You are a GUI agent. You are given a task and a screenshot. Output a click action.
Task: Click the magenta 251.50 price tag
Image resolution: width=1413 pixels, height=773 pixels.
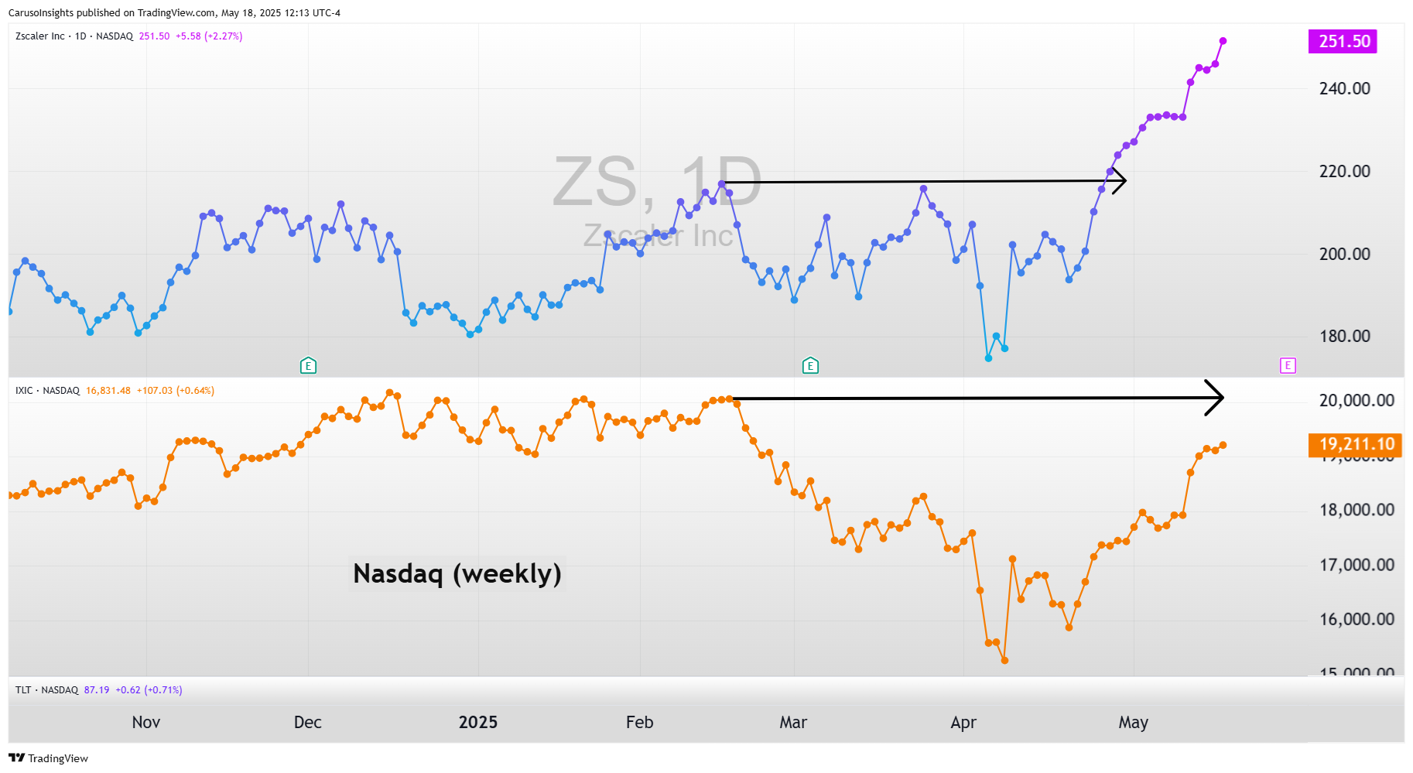pyautogui.click(x=1344, y=41)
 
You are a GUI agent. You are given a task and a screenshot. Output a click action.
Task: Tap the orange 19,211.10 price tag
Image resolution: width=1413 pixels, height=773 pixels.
pyautogui.click(x=1356, y=444)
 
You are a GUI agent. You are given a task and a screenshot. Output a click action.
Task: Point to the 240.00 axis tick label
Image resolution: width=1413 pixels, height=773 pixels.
pyautogui.click(x=1344, y=88)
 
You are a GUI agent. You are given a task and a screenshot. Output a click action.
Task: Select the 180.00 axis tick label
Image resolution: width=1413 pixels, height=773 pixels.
pyautogui.click(x=1344, y=336)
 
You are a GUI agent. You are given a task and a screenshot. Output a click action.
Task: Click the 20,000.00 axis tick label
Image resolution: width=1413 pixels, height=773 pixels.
pyautogui.click(x=1356, y=400)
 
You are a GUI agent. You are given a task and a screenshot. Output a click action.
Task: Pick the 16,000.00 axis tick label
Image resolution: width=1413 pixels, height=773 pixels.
pyautogui.click(x=1356, y=619)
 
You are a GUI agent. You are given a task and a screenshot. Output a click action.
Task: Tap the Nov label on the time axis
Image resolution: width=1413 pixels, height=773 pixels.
pyautogui.click(x=145, y=722)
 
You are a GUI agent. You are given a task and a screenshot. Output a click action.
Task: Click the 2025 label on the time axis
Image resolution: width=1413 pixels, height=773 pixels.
pyautogui.click(x=477, y=722)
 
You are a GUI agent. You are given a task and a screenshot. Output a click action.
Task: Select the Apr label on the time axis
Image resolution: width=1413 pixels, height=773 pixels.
pyautogui.click(x=963, y=722)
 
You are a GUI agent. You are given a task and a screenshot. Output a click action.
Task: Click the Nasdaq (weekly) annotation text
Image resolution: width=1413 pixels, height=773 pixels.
pyautogui.click(x=457, y=573)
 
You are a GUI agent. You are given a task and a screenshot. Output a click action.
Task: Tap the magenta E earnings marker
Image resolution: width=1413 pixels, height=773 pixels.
pyautogui.click(x=1288, y=365)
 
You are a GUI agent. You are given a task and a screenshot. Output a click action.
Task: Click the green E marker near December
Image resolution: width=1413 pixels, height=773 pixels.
pyautogui.click(x=308, y=365)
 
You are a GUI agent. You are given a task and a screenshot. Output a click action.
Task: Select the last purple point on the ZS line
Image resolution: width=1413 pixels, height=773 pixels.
pyautogui.click(x=1223, y=41)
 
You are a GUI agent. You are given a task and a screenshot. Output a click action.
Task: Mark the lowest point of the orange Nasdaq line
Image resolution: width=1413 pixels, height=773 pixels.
pyautogui.click(x=1004, y=660)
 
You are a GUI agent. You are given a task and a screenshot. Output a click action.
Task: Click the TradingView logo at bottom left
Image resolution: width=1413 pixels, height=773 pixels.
pyautogui.click(x=48, y=758)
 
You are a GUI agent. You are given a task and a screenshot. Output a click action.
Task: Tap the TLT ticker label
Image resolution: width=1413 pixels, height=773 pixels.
pyautogui.click(x=23, y=689)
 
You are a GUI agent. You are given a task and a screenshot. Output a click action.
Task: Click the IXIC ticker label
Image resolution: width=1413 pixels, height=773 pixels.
pyautogui.click(x=24, y=391)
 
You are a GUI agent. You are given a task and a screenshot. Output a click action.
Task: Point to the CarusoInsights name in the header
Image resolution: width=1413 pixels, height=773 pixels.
pyautogui.click(x=41, y=12)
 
